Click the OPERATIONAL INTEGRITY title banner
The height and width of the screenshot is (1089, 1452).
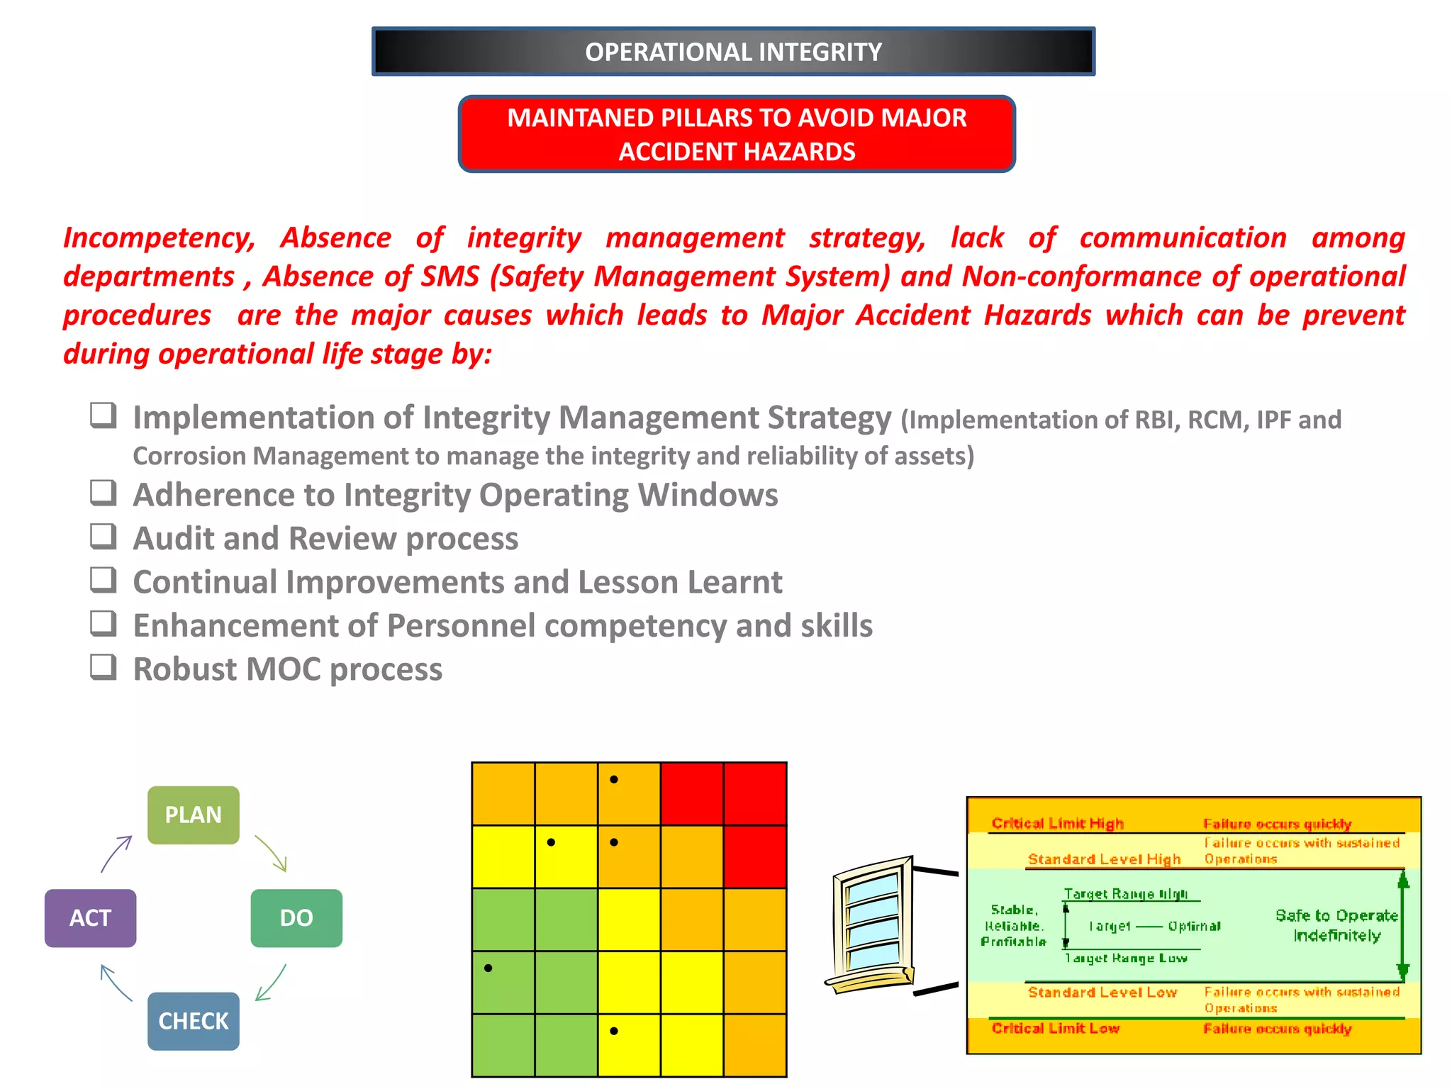(x=733, y=52)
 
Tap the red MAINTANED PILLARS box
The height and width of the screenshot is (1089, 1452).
(x=737, y=134)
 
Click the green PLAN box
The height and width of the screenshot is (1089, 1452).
(x=193, y=815)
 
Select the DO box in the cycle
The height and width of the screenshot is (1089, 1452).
(x=296, y=918)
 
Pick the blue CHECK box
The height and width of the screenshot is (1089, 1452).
(x=193, y=1021)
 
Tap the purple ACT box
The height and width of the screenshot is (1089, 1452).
(x=90, y=918)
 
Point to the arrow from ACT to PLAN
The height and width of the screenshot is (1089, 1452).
(x=116, y=854)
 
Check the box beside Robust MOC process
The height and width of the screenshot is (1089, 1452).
(x=104, y=667)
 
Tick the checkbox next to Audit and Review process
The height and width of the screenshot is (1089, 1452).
(x=104, y=537)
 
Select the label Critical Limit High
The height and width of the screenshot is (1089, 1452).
(x=1057, y=823)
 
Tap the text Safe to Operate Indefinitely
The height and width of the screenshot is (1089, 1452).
(x=1336, y=925)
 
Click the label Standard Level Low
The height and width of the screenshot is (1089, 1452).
(x=1102, y=992)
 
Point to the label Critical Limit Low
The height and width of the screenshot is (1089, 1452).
(x=1055, y=1028)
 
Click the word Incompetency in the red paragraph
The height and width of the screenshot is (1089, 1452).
(x=159, y=238)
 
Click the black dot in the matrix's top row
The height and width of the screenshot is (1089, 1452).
(x=614, y=779)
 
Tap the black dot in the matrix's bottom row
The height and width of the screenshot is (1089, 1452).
(x=614, y=1031)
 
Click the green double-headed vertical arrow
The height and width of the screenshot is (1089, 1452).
(x=1402, y=926)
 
